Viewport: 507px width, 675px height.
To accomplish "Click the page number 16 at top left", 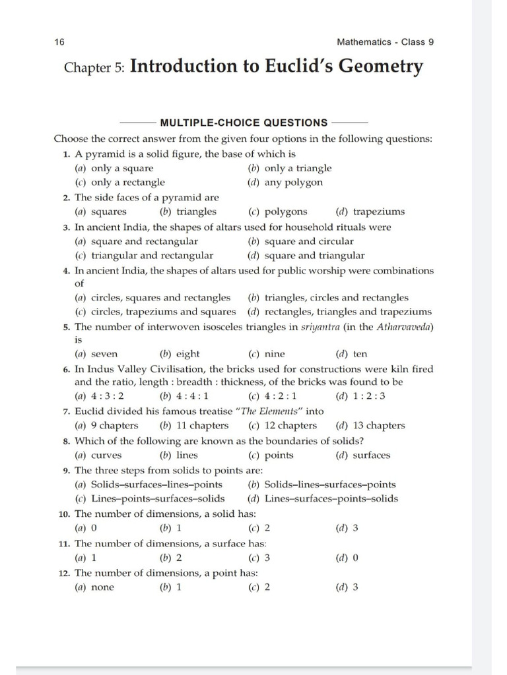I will point(59,42).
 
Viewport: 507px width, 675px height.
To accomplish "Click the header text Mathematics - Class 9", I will point(385,42).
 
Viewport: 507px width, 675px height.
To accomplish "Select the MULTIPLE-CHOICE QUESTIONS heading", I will point(244,123).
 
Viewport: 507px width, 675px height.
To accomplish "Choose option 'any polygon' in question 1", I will point(293,183).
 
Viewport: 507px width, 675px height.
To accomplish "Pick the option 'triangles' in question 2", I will point(196,212).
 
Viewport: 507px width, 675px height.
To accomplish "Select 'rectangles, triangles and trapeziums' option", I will point(347,312).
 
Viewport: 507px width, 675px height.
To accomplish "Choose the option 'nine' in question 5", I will point(275,354).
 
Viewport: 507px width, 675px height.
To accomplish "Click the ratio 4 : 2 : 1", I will point(281,396).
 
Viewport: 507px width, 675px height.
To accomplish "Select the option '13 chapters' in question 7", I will point(379,426).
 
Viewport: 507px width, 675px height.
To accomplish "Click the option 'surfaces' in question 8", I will point(371,455).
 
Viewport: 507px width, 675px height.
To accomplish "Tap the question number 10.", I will point(65,514).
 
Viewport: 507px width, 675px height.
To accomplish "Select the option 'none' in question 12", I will point(102,587).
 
